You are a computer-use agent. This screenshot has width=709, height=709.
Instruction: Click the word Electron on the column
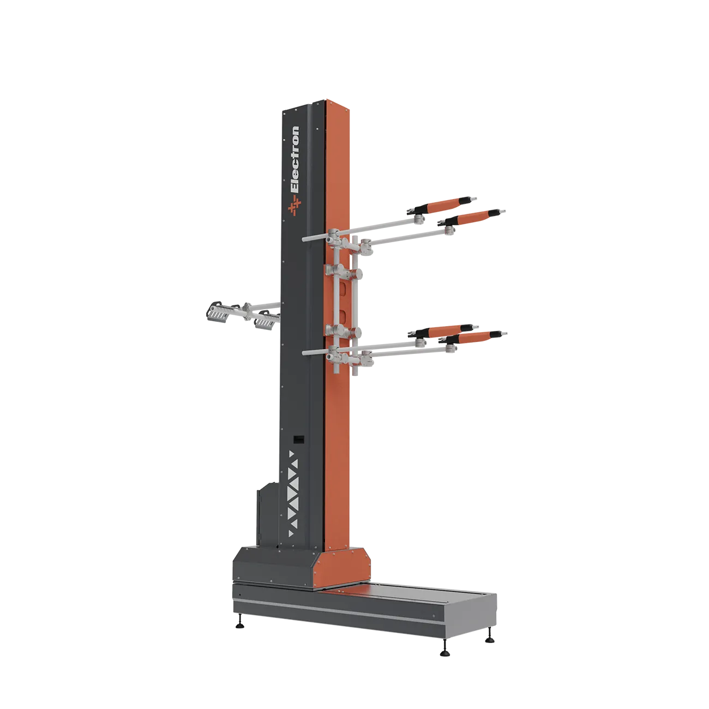pos(295,159)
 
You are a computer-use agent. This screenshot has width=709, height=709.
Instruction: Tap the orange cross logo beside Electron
pos(295,205)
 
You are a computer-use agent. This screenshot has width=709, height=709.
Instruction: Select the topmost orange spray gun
pos(442,205)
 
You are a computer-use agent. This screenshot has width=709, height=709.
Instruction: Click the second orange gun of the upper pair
pos(472,217)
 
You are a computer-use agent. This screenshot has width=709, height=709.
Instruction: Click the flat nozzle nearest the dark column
pos(265,320)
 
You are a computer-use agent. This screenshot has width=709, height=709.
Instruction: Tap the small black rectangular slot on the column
pos(298,440)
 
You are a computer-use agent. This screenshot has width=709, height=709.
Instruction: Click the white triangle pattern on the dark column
pos(293,494)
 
